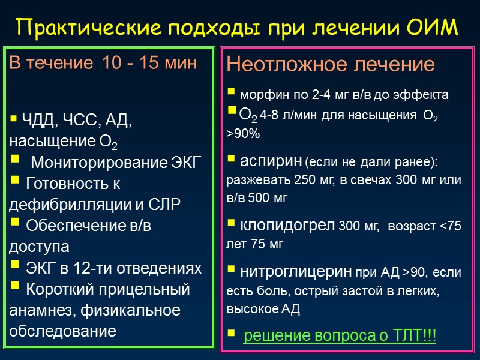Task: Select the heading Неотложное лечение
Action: coord(330,64)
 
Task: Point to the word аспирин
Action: coord(271,161)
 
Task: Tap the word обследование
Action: coord(62,331)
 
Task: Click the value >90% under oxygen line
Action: coord(243,134)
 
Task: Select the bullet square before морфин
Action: coord(231,94)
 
